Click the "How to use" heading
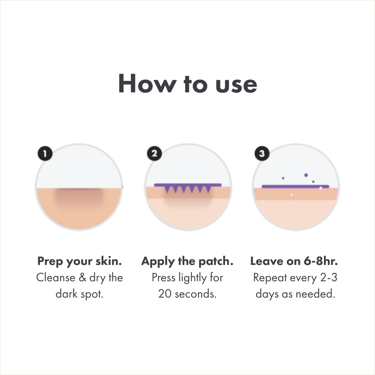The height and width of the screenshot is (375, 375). (187, 83)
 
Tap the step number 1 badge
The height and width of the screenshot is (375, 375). (45, 153)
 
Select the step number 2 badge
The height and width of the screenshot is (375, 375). (154, 153)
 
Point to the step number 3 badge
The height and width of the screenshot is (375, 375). (262, 153)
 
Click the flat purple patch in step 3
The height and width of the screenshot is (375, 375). (295, 186)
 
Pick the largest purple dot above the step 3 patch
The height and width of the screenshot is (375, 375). (306, 175)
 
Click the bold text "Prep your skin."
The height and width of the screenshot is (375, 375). (80, 261)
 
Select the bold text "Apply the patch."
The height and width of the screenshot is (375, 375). (187, 261)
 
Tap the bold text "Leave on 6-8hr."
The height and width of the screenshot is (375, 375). (294, 261)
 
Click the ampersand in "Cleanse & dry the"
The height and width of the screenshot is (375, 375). (82, 277)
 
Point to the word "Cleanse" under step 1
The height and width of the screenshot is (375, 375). (56, 277)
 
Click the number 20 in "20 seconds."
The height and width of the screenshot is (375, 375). (165, 294)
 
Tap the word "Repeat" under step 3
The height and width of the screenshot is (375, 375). (270, 278)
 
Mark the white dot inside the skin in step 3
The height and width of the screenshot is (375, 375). (291, 195)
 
